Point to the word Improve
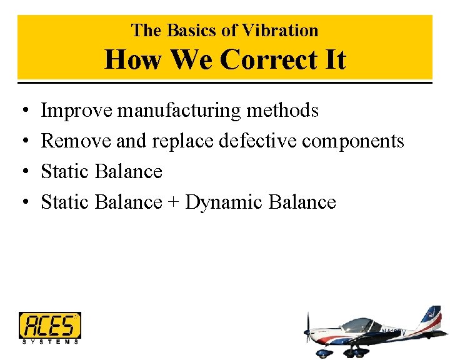77,111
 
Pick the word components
353,141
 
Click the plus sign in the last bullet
174,202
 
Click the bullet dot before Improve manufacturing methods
23,111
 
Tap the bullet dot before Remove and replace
23,142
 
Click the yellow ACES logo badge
49,325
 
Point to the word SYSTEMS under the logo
50,341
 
